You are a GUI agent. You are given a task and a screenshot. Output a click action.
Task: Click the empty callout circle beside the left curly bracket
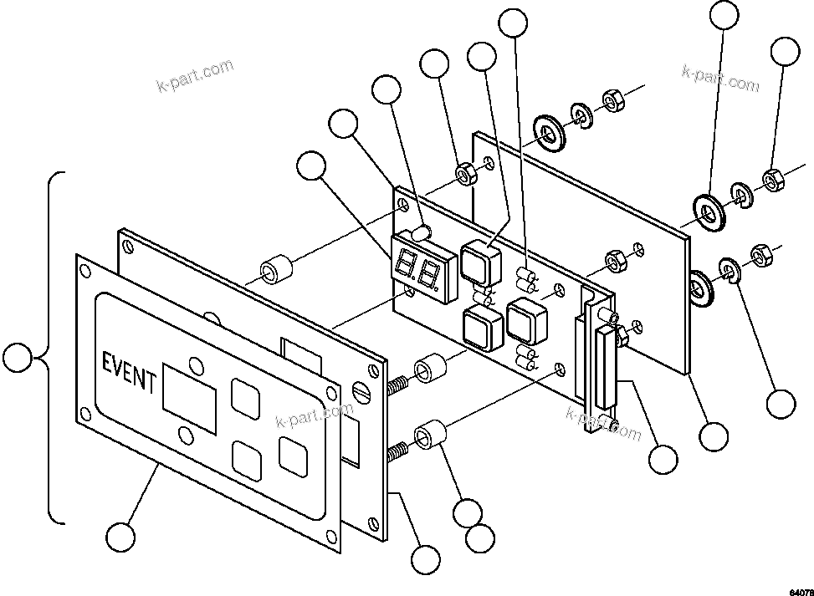18,359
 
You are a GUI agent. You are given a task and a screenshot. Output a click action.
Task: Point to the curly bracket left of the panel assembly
52,347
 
